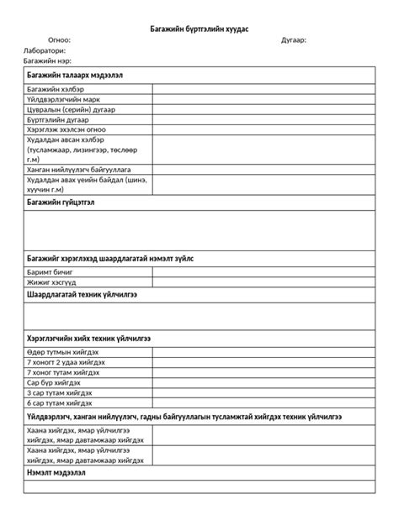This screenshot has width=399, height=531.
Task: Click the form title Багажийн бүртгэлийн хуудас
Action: pos(199,29)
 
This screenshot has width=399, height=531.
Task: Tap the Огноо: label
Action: pos(59,39)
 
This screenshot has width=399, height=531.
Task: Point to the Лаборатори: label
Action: pos(45,50)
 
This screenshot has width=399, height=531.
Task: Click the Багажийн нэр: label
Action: pos(47,61)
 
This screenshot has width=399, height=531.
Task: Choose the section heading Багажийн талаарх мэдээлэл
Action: pos(76,75)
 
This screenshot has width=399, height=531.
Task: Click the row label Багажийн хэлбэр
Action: pos(56,88)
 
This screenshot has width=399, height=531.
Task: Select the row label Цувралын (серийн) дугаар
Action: pos(71,110)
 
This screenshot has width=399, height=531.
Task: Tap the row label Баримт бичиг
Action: pos(51,273)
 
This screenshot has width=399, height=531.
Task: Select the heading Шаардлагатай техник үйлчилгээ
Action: pos(82,296)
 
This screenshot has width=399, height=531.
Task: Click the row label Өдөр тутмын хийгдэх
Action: pos(63,351)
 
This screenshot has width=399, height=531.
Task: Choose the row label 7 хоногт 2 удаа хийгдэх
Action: pos(66,361)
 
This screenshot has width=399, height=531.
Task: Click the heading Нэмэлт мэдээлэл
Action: pos(56,473)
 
